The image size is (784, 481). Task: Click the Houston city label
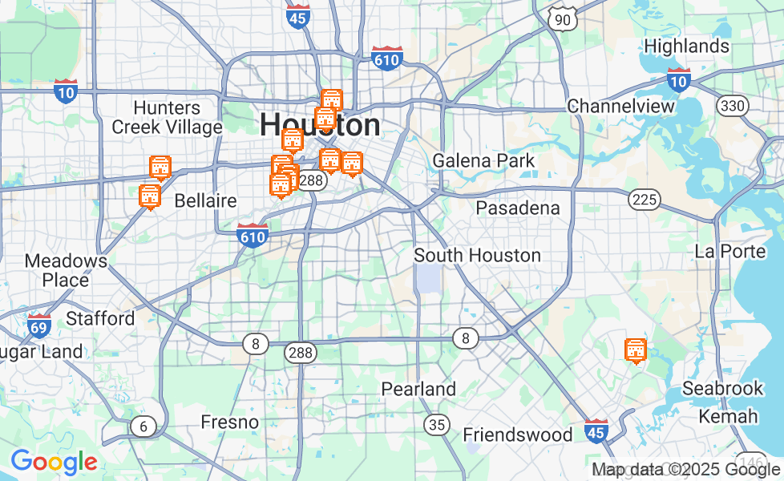pyautogui.click(x=320, y=126)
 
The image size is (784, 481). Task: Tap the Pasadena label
pyautogui.click(x=517, y=208)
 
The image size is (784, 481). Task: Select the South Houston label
pyautogui.click(x=477, y=256)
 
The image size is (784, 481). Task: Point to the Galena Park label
pyautogui.click(x=483, y=161)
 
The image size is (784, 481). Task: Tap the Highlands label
pyautogui.click(x=686, y=46)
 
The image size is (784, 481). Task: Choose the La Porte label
pyautogui.click(x=730, y=251)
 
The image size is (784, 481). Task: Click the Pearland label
pyautogui.click(x=418, y=390)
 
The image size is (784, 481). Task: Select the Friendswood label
pyautogui.click(x=518, y=435)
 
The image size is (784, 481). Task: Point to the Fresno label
pyautogui.click(x=229, y=422)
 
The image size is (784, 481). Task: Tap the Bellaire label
pyautogui.click(x=205, y=200)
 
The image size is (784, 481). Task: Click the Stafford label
pyautogui.click(x=100, y=318)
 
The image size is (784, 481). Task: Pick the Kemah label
pyautogui.click(x=728, y=416)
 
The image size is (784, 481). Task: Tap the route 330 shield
pyautogui.click(x=731, y=106)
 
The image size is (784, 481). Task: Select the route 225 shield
pyautogui.click(x=645, y=200)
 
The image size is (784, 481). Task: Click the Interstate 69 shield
pyautogui.click(x=38, y=325)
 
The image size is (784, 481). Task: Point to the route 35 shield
pyautogui.click(x=437, y=424)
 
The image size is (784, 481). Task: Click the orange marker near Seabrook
pyautogui.click(x=636, y=350)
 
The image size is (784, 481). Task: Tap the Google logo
pyautogui.click(x=54, y=462)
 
